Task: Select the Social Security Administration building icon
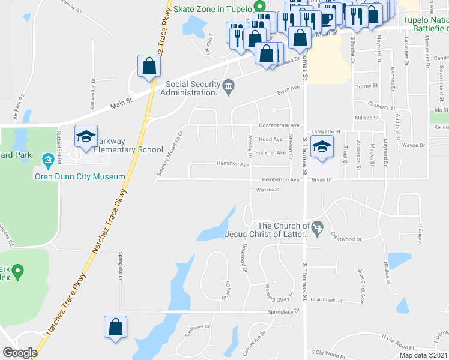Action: [229, 88]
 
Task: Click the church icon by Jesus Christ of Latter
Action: [318, 226]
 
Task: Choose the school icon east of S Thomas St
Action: [322, 147]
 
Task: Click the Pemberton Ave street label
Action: [280, 179]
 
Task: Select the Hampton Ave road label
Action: [233, 164]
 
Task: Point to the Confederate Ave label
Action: [279, 125]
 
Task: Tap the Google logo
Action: [20, 352]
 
